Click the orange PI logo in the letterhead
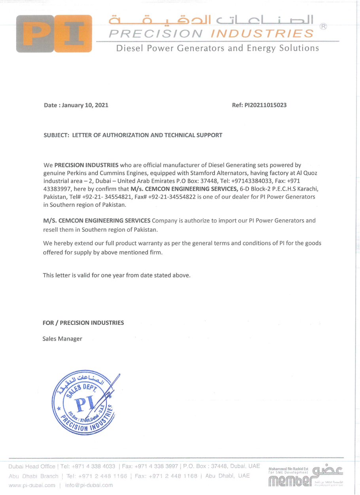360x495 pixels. (x=54, y=33)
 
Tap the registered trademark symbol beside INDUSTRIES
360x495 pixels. (x=323, y=27)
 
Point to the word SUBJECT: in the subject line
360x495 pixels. (x=56, y=135)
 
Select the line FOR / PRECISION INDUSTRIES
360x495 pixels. (x=83, y=323)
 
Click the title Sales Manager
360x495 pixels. (x=63, y=339)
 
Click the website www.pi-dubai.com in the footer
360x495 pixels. (x=32, y=485)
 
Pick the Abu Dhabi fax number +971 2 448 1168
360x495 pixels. (x=166, y=476)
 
